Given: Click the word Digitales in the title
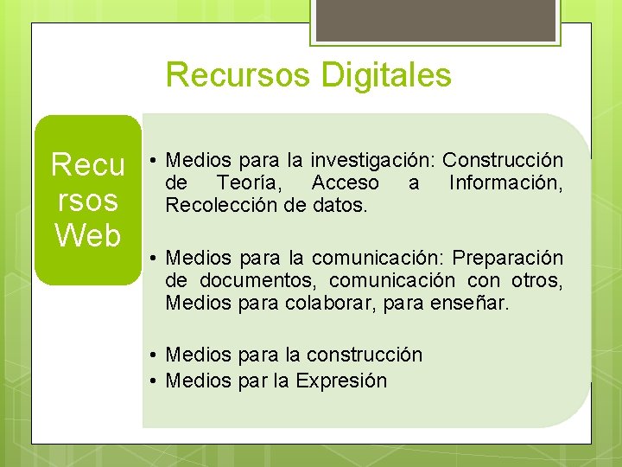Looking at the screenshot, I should tap(386, 75).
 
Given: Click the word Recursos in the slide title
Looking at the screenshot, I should tap(238, 75).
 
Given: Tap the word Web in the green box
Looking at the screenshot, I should tap(87, 234).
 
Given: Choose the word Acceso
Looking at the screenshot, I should tap(345, 182).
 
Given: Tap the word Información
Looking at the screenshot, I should tap(505, 182).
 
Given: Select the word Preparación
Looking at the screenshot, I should tap(508, 258).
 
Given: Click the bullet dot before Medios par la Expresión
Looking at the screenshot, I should tap(151, 381).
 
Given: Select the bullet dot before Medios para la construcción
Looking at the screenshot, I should tap(151, 355).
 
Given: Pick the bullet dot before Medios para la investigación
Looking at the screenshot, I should tap(151, 160).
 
